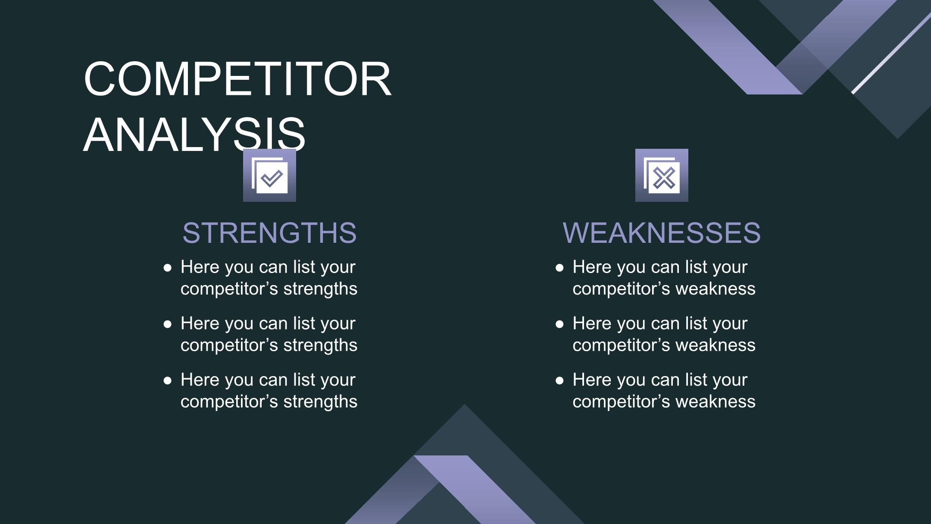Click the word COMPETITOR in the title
coord(237,79)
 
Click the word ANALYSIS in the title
coord(194,135)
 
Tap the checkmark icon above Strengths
coord(269,175)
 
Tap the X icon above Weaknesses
coord(662,175)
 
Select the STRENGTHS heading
coord(270,233)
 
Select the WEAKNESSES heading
coord(662,233)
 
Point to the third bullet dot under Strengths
coord(168,381)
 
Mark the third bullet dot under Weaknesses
coord(560,381)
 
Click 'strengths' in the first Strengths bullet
coord(320,289)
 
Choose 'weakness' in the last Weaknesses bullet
coord(715,402)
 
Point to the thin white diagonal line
coord(891,53)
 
